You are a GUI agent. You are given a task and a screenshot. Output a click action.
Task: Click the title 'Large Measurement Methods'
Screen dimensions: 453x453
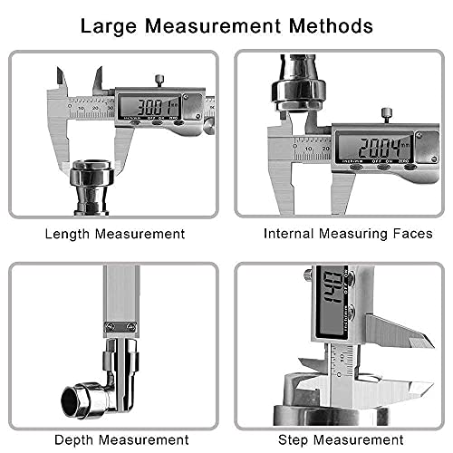pos(226,25)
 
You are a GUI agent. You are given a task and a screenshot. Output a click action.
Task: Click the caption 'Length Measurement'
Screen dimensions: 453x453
pos(114,234)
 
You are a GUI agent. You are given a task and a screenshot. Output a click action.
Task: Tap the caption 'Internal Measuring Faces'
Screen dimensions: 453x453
pos(347,234)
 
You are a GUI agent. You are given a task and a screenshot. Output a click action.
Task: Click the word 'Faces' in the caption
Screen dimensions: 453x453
pos(412,234)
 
